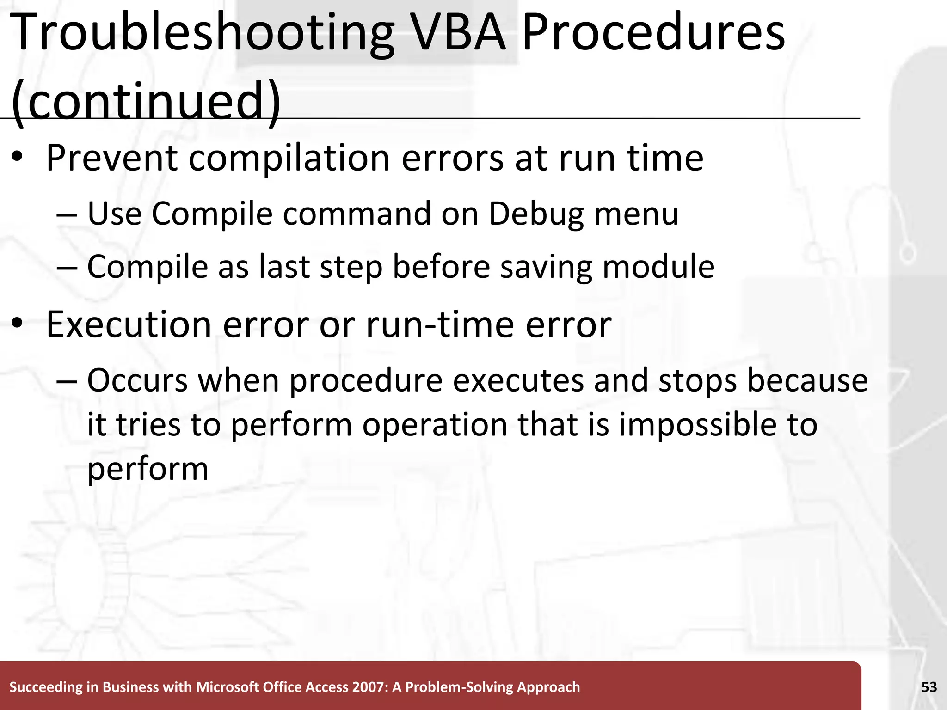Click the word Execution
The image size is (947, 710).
129,324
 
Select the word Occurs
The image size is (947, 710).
137,380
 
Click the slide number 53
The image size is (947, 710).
929,687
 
